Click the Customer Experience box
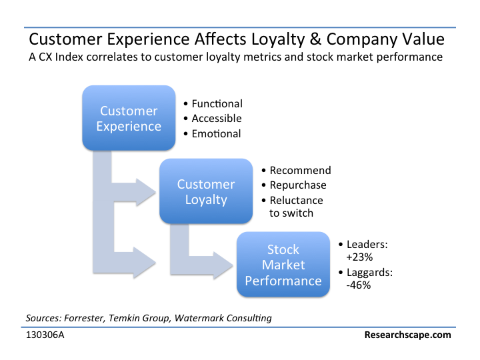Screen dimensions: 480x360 click(129, 118)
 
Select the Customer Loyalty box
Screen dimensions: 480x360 click(206, 191)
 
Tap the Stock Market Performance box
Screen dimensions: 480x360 click(283, 264)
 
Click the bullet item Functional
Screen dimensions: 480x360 click(217, 104)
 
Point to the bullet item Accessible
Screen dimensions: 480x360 click(217, 119)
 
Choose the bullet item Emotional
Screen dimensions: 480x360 click(216, 134)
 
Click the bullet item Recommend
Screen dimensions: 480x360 click(300, 170)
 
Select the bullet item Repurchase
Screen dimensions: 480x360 click(298, 185)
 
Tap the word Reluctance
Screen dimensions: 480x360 click(296, 200)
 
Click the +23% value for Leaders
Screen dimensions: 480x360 click(359, 257)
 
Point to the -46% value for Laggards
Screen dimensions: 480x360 click(359, 285)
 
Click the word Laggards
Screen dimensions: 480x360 click(369, 273)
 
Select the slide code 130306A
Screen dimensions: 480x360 click(45, 335)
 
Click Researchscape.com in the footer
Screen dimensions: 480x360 click(408, 335)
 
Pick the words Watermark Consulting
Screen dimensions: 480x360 click(223, 319)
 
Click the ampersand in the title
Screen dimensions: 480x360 click(315, 39)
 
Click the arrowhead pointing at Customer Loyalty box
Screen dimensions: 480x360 click(146, 192)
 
